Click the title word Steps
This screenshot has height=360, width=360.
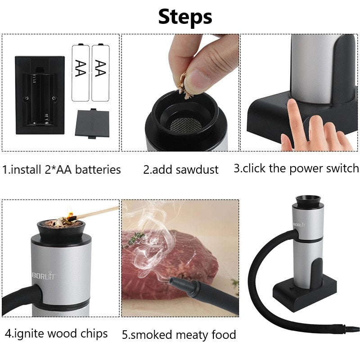pyautogui.click(x=185, y=17)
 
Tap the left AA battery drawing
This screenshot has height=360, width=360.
pyautogui.click(x=81, y=72)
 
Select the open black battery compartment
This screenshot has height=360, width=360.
pyautogui.click(x=40, y=94)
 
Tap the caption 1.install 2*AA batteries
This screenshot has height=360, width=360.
pyautogui.click(x=62, y=170)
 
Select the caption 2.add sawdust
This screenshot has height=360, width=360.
pyautogui.click(x=181, y=170)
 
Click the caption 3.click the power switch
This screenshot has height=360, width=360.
pyautogui.click(x=296, y=168)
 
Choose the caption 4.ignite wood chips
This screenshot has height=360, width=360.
pyautogui.click(x=56, y=333)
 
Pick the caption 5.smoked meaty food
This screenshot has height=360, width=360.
pyautogui.click(x=179, y=334)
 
